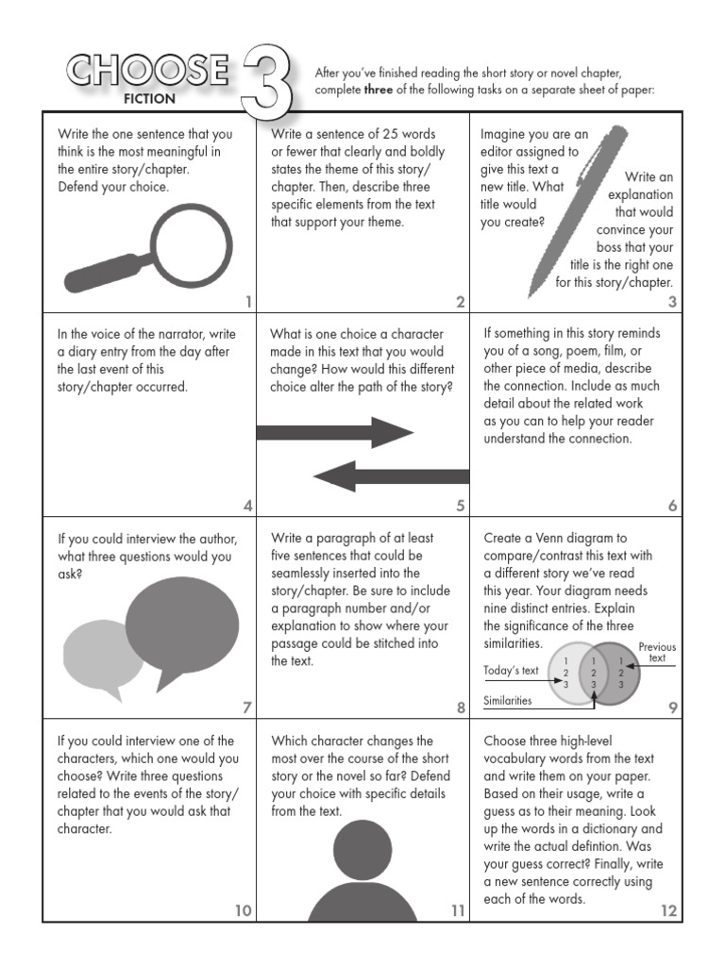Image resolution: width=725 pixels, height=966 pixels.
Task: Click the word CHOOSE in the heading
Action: coord(146,71)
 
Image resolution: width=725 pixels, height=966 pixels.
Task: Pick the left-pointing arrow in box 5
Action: coord(391,475)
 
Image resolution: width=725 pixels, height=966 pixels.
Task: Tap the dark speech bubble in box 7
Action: coord(181,627)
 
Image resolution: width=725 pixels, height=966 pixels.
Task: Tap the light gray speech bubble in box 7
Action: coord(101,657)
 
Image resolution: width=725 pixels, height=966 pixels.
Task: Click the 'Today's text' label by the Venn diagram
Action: coord(511,671)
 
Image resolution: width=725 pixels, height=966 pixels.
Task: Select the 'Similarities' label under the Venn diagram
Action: coord(508,701)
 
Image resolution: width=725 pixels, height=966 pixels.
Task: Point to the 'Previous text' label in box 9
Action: coord(657,652)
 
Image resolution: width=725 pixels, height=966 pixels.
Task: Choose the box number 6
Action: coord(673,506)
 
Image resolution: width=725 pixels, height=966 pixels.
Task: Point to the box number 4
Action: coord(247,506)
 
